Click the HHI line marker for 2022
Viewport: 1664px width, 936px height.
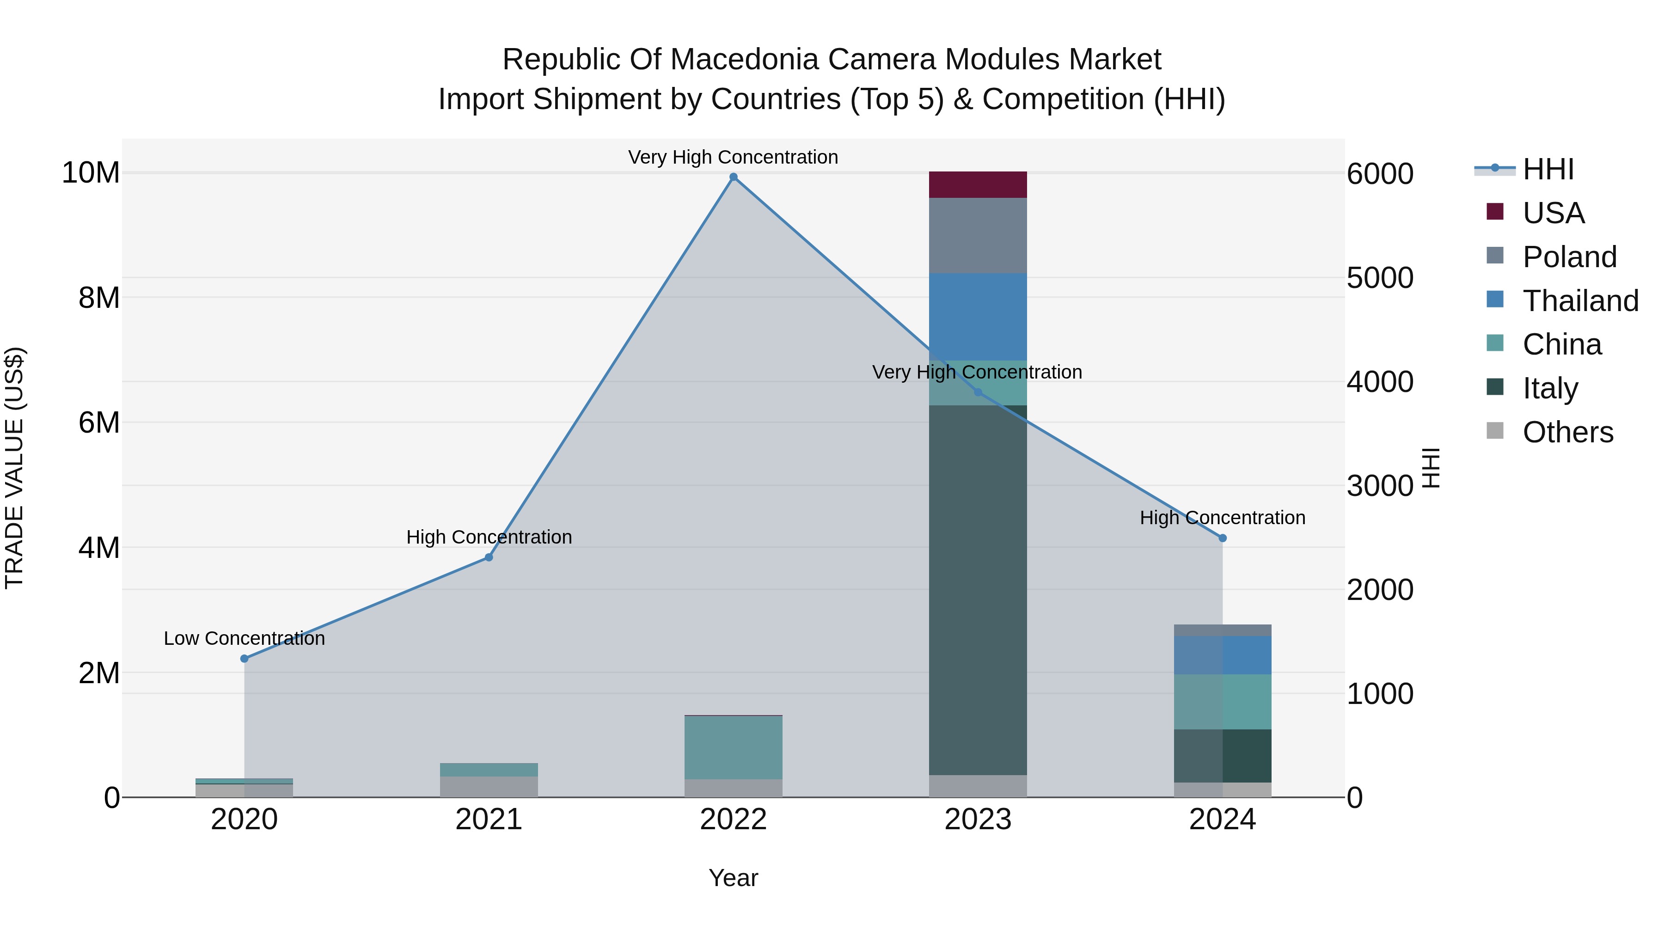733,177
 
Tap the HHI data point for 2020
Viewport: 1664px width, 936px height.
244,658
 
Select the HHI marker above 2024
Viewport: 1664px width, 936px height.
1222,538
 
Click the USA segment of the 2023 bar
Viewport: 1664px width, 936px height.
977,185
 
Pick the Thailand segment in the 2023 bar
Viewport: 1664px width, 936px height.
977,317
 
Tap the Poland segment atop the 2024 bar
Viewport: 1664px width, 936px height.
1222,630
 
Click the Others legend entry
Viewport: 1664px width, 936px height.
1567,432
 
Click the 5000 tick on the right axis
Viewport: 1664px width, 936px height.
1380,278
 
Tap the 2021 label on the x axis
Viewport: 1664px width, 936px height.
489,820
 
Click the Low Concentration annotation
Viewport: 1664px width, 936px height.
244,638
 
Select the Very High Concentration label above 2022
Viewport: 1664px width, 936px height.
733,157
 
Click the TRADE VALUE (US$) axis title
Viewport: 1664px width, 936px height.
14,468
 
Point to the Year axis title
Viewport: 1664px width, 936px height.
733,878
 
